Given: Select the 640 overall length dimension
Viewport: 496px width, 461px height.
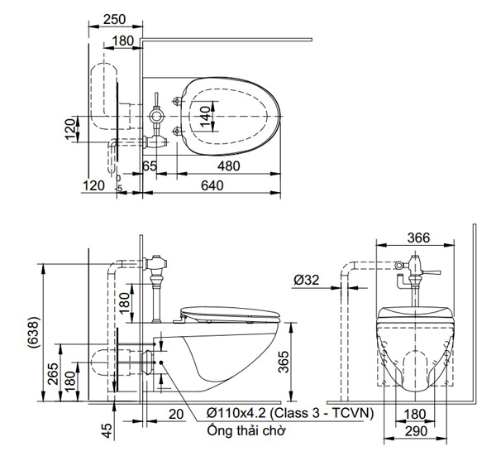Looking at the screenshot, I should point(212,186).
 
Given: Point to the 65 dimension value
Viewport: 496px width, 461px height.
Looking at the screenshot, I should point(150,166).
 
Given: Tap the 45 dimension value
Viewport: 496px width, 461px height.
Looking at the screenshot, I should point(106,430).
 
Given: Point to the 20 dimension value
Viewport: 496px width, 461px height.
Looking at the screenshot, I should point(175,414).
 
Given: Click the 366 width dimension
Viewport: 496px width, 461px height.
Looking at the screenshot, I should point(418,237).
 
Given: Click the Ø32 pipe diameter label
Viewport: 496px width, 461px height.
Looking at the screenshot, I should point(305,280).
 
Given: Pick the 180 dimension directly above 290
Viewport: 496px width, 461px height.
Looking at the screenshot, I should point(417,414).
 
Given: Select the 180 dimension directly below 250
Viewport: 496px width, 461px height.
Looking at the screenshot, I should point(122,41).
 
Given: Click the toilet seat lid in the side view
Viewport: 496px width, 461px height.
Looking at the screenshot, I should point(229,313).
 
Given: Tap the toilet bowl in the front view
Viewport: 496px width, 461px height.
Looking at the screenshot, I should point(417,348).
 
